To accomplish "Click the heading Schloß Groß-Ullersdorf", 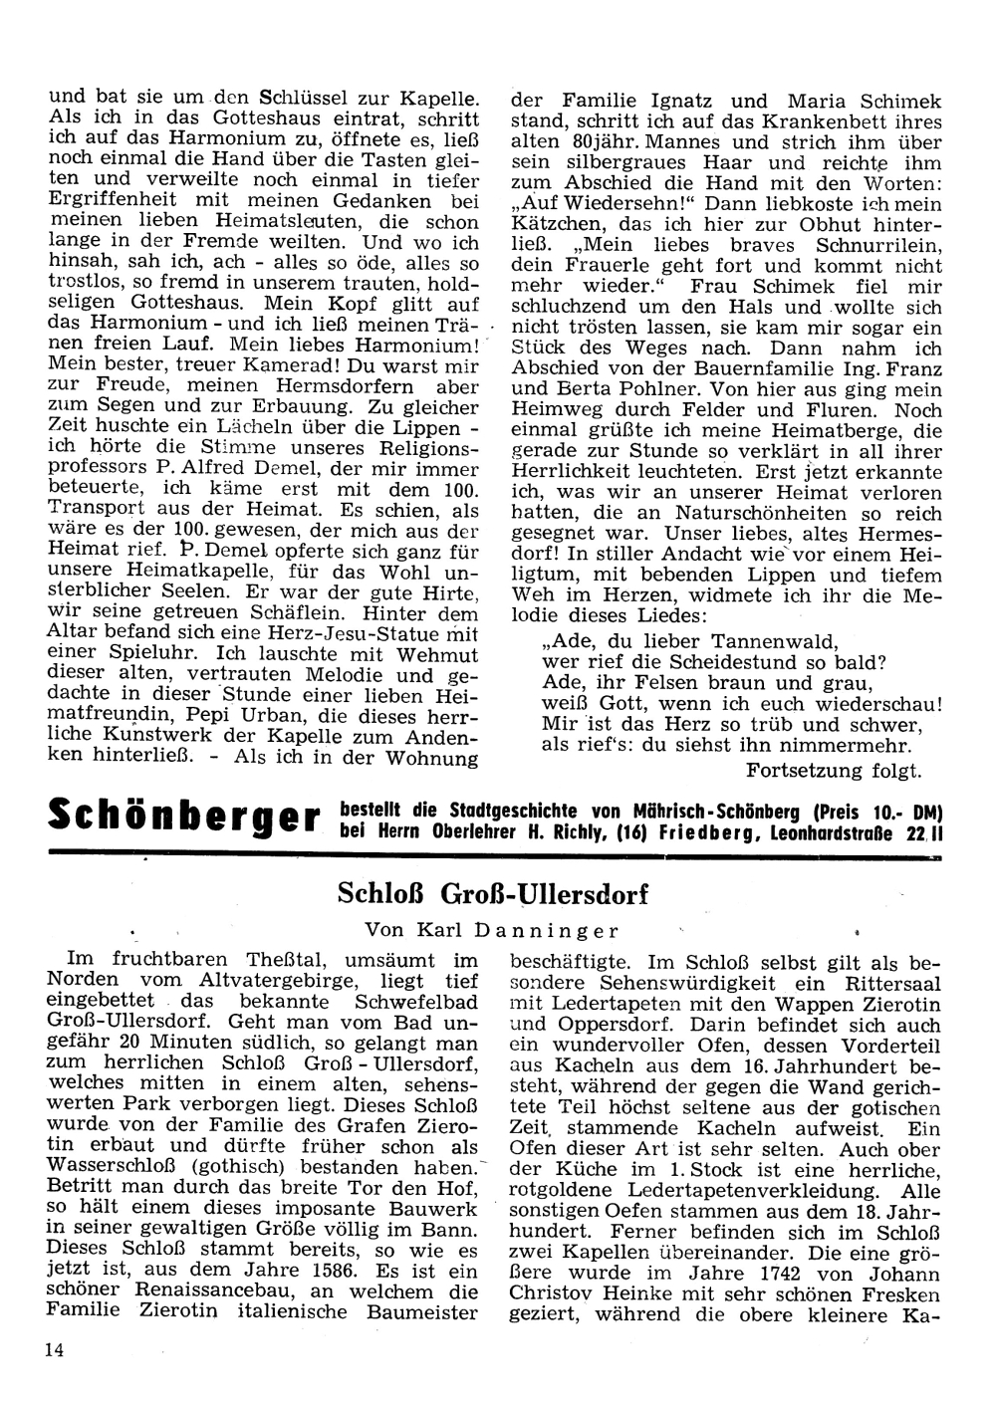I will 493,893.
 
